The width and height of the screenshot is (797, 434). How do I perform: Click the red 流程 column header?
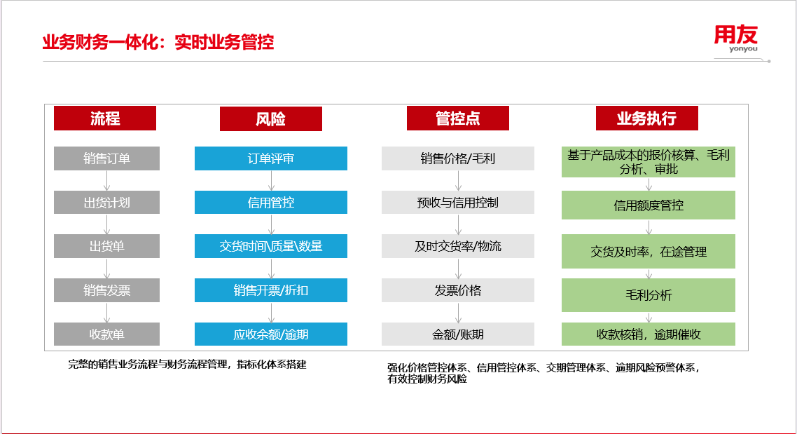click(105, 118)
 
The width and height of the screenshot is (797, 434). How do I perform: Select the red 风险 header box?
click(271, 118)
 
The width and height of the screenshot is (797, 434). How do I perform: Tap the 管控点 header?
click(457, 118)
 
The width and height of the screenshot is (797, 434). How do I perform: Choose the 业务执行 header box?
click(646, 118)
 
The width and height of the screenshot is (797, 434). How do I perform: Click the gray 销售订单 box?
click(106, 158)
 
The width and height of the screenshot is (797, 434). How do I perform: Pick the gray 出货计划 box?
click(106, 203)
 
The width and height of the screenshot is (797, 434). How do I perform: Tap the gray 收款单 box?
click(106, 334)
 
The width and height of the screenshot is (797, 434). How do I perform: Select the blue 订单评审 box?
click(271, 158)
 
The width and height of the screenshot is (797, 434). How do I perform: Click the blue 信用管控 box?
click(271, 203)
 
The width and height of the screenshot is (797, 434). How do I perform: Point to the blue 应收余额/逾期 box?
click(271, 334)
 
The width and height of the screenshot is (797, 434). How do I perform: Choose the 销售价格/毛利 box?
click(458, 158)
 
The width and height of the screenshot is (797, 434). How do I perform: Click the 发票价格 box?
click(458, 290)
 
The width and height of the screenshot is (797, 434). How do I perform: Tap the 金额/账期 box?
click(458, 334)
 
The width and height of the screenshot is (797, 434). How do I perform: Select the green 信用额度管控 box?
click(648, 205)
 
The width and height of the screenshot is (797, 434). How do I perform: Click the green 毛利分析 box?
click(648, 295)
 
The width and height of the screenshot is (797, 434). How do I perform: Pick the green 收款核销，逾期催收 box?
click(648, 334)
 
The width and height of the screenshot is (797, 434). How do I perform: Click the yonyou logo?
click(736, 38)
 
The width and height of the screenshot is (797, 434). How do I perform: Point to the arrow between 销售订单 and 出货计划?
click(106, 181)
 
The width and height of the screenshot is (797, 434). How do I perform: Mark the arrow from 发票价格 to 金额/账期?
click(458, 313)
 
